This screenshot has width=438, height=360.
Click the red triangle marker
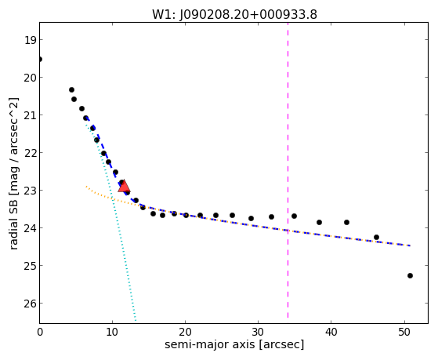coord(124,187)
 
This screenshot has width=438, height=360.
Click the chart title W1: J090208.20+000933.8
coord(234,14)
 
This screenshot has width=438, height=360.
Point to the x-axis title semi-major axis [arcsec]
coord(234,344)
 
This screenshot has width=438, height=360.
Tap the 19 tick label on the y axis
coord(30,40)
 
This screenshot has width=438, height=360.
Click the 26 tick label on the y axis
coord(30,304)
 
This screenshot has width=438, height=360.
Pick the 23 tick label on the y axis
coord(30,191)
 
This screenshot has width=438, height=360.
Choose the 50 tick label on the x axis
coord(404,332)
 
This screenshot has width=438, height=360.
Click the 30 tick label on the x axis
coord(258,332)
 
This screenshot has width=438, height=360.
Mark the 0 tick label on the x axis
coord(40,332)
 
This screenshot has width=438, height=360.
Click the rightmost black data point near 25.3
coord(410,276)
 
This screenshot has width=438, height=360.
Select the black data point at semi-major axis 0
coord(40,60)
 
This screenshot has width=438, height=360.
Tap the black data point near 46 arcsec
coord(376,237)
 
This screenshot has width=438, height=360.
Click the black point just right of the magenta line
coord(294,216)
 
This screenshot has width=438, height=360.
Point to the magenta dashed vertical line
coord(288,170)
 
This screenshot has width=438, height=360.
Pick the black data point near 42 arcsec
coord(346,223)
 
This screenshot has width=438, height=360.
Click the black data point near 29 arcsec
coord(251,218)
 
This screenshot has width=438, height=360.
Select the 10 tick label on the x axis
coord(112,332)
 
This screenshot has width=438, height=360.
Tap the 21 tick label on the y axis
coord(30,115)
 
